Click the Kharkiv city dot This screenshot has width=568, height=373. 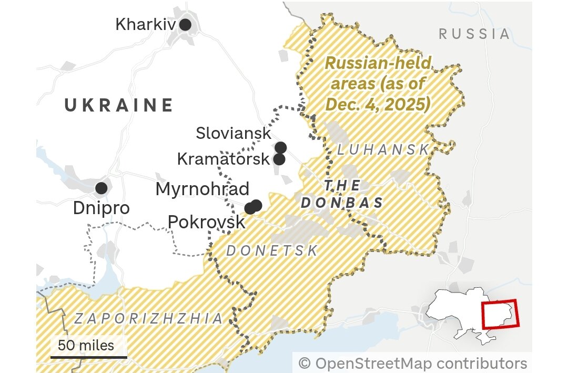click(185, 24)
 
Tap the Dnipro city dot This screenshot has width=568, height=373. click(101, 188)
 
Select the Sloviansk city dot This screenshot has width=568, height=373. click(281, 147)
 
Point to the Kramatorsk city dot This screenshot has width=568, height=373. click(279, 159)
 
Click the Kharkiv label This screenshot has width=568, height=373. click(146, 24)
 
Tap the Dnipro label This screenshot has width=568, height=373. click(101, 208)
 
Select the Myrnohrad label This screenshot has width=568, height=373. click(202, 189)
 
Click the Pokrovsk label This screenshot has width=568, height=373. click(207, 222)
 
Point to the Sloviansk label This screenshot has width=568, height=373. click(234, 133)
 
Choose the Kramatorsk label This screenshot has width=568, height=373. click(223, 159)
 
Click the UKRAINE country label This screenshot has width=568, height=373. click(119, 105)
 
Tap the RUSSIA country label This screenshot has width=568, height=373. click(474, 34)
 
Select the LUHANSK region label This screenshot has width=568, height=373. click(383, 150)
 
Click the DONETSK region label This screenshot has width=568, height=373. click(272, 251)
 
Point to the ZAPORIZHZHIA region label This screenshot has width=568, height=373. click(149, 318)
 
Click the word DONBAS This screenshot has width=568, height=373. click(341, 204)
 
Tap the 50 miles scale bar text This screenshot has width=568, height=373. click(86, 345)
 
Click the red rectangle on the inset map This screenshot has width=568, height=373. click(500, 314)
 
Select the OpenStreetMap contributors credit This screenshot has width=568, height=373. click(412, 363)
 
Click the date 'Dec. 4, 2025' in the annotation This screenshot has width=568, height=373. click(378, 105)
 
